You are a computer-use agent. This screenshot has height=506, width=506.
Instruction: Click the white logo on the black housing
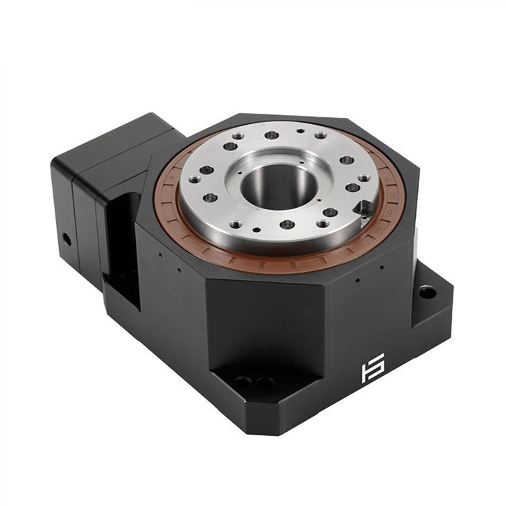click(x=372, y=372)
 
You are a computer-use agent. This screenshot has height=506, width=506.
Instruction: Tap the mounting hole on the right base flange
click(x=428, y=293)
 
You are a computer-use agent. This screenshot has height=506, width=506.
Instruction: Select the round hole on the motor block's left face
click(x=67, y=239)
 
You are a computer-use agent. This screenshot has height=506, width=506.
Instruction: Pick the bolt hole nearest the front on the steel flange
click(x=286, y=225)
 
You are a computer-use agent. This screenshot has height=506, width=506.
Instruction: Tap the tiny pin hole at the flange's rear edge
click(x=299, y=130)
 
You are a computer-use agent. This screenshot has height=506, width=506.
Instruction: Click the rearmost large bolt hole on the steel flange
click(x=272, y=134)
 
